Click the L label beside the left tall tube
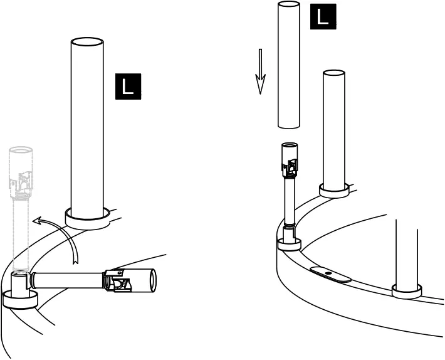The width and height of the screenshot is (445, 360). [x=128, y=87]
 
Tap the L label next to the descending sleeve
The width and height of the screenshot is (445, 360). [x=323, y=16]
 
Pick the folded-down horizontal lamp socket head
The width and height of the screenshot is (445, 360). [x=128, y=280]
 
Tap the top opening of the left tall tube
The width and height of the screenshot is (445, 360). [x=87, y=42]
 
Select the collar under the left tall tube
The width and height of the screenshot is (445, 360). [x=87, y=218]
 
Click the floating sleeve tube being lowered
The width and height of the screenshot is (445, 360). [x=289, y=66]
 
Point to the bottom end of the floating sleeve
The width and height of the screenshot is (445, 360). [x=289, y=125]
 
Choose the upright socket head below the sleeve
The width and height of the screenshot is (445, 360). [x=289, y=161]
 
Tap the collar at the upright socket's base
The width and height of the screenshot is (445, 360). [x=288, y=244]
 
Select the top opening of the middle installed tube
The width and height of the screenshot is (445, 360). [x=334, y=73]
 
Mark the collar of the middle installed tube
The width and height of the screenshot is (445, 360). [x=334, y=191]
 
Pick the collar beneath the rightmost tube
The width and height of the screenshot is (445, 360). [x=407, y=291]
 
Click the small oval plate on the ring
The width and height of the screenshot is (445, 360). [x=330, y=275]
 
